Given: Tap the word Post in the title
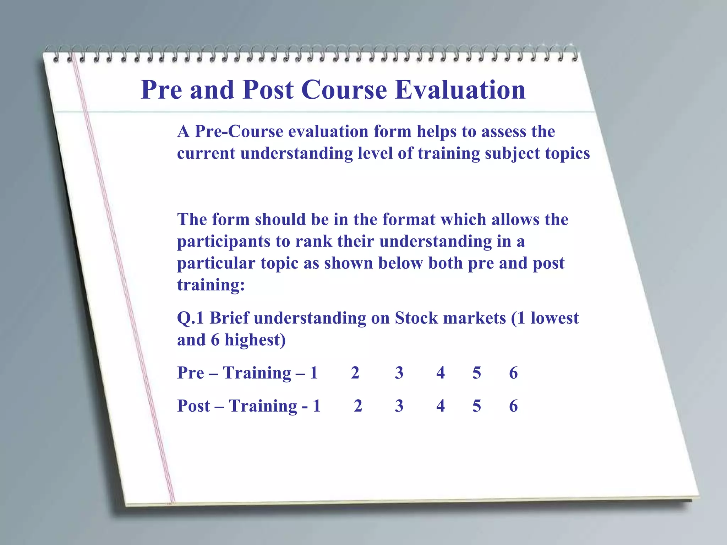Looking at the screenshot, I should tap(268, 90).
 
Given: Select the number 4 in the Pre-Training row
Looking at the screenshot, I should tap(441, 373).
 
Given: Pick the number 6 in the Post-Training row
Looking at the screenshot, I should tap(513, 406).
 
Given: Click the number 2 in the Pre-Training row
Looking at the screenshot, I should tap(355, 373).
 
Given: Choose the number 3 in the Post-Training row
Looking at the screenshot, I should tap(399, 406).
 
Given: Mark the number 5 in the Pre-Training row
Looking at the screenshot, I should tap(477, 373).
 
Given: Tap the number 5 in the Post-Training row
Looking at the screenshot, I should tap(477, 406).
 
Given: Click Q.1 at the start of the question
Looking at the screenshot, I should tap(191, 318).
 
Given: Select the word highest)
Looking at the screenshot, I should tap(255, 340).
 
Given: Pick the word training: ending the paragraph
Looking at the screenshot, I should tap(211, 285).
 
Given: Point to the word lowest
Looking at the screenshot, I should tap(554, 318).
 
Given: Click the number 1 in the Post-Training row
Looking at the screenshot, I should tap(317, 406).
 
